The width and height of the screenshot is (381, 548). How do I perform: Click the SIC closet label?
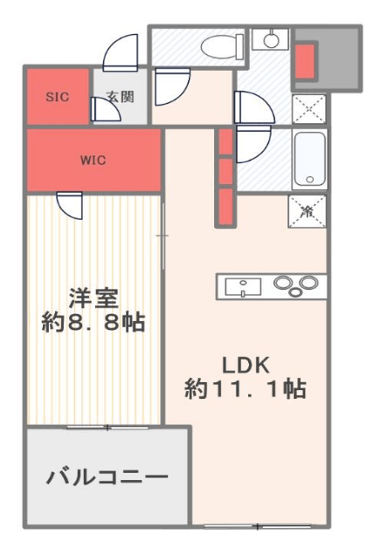click(x=58, y=97)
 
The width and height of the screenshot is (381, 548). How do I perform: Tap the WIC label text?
click(x=93, y=161)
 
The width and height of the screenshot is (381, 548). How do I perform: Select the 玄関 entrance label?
click(x=120, y=97)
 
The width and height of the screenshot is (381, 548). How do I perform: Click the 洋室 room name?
click(x=93, y=298)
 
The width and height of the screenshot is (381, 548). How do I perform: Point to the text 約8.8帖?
click(x=94, y=322)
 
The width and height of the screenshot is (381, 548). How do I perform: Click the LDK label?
click(x=246, y=366)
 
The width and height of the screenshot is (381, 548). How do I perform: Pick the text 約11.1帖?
click(x=246, y=388)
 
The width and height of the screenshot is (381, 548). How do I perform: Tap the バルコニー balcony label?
click(x=107, y=476)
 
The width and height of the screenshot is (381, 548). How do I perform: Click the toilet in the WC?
click(x=223, y=46)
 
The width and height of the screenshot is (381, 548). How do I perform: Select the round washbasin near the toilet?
click(x=271, y=40)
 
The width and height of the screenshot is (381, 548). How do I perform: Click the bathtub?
click(x=310, y=160)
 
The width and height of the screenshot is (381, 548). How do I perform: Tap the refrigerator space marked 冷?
click(x=308, y=211)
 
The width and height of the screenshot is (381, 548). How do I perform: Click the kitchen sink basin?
click(x=243, y=287)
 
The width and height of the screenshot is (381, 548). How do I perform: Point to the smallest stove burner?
click(x=296, y=292)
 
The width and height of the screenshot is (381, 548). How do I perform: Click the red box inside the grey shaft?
click(x=305, y=61)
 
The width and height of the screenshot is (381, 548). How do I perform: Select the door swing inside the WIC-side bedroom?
click(x=70, y=205)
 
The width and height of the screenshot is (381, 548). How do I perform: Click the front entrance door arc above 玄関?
click(x=121, y=52)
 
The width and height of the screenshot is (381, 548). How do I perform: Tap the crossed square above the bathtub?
click(x=309, y=109)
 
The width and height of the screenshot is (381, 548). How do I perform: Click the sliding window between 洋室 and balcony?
click(x=107, y=427)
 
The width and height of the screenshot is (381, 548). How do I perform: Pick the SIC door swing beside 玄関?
click(x=106, y=109)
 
